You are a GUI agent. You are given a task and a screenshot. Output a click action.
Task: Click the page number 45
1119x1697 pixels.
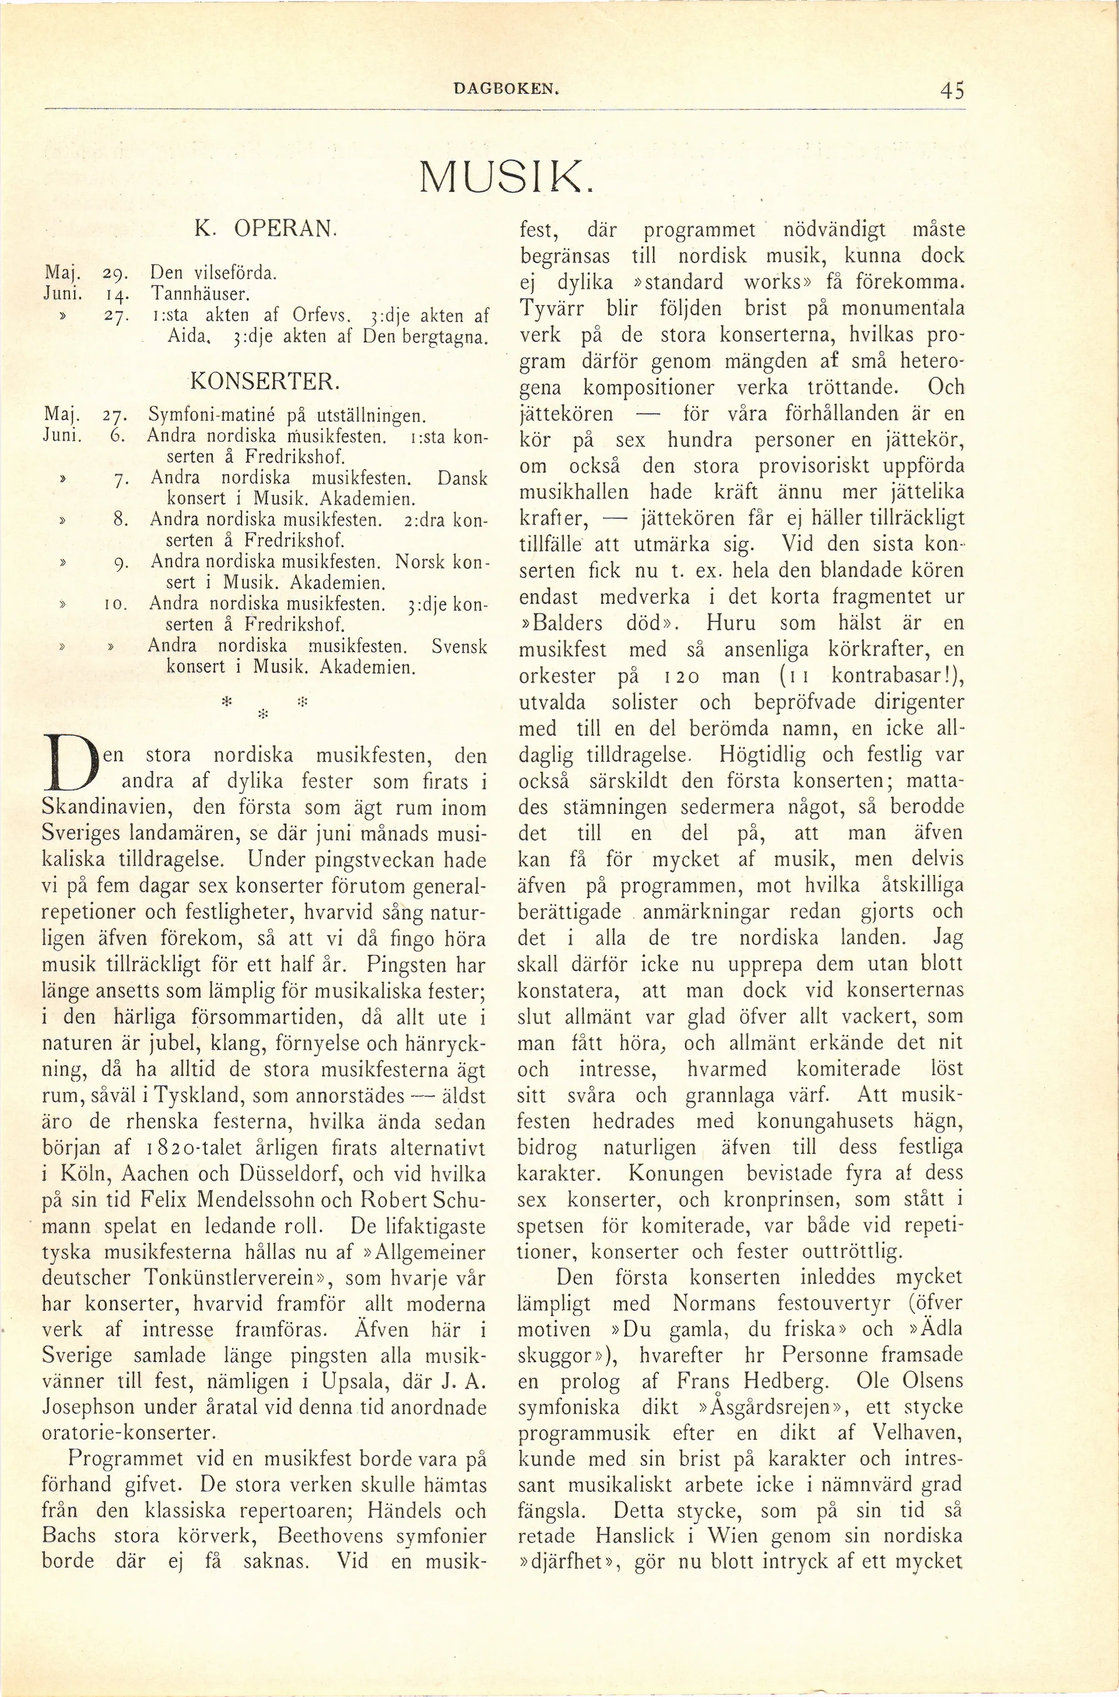tap(952, 90)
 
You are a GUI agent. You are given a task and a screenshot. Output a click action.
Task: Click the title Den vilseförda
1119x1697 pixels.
tap(212, 272)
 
